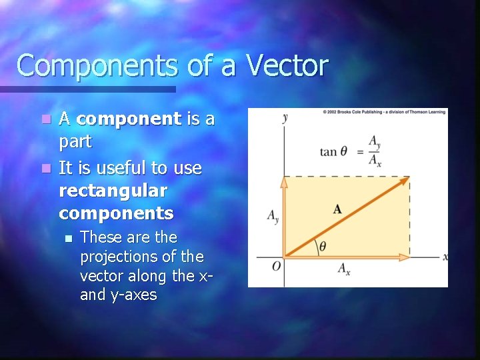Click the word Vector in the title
287,66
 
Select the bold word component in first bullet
129,119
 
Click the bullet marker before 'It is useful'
45,169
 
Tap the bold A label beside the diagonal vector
337,209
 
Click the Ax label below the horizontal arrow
344,269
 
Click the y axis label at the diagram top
285,118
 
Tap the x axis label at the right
445,257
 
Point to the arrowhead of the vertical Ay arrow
284,181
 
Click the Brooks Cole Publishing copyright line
385,112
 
